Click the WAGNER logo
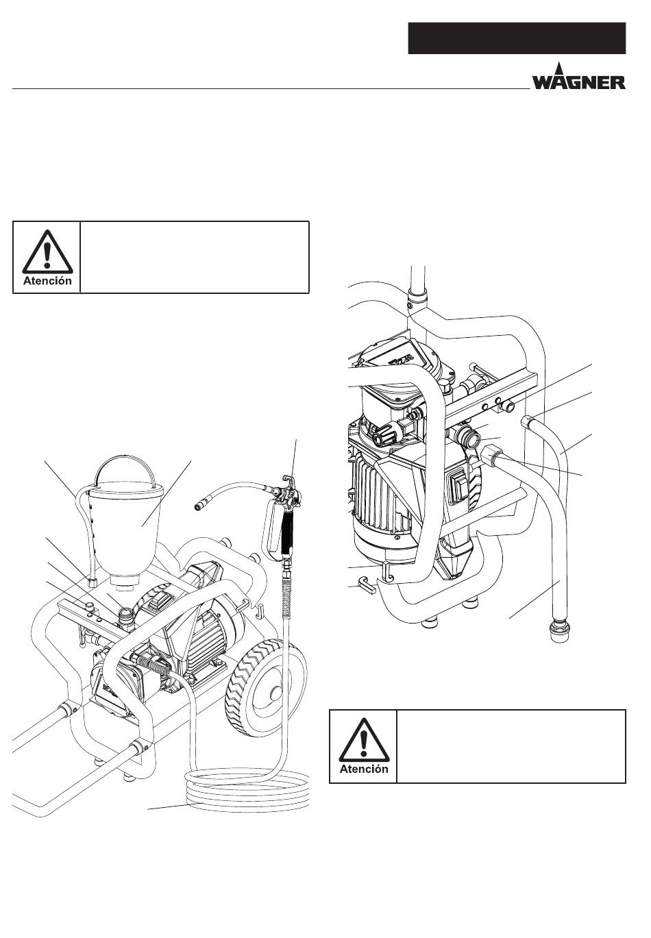(x=578, y=76)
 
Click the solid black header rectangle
(x=517, y=38)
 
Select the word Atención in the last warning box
(x=364, y=769)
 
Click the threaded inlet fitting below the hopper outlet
(x=127, y=617)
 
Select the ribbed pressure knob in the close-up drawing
(x=384, y=437)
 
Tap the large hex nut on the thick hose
(x=490, y=455)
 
